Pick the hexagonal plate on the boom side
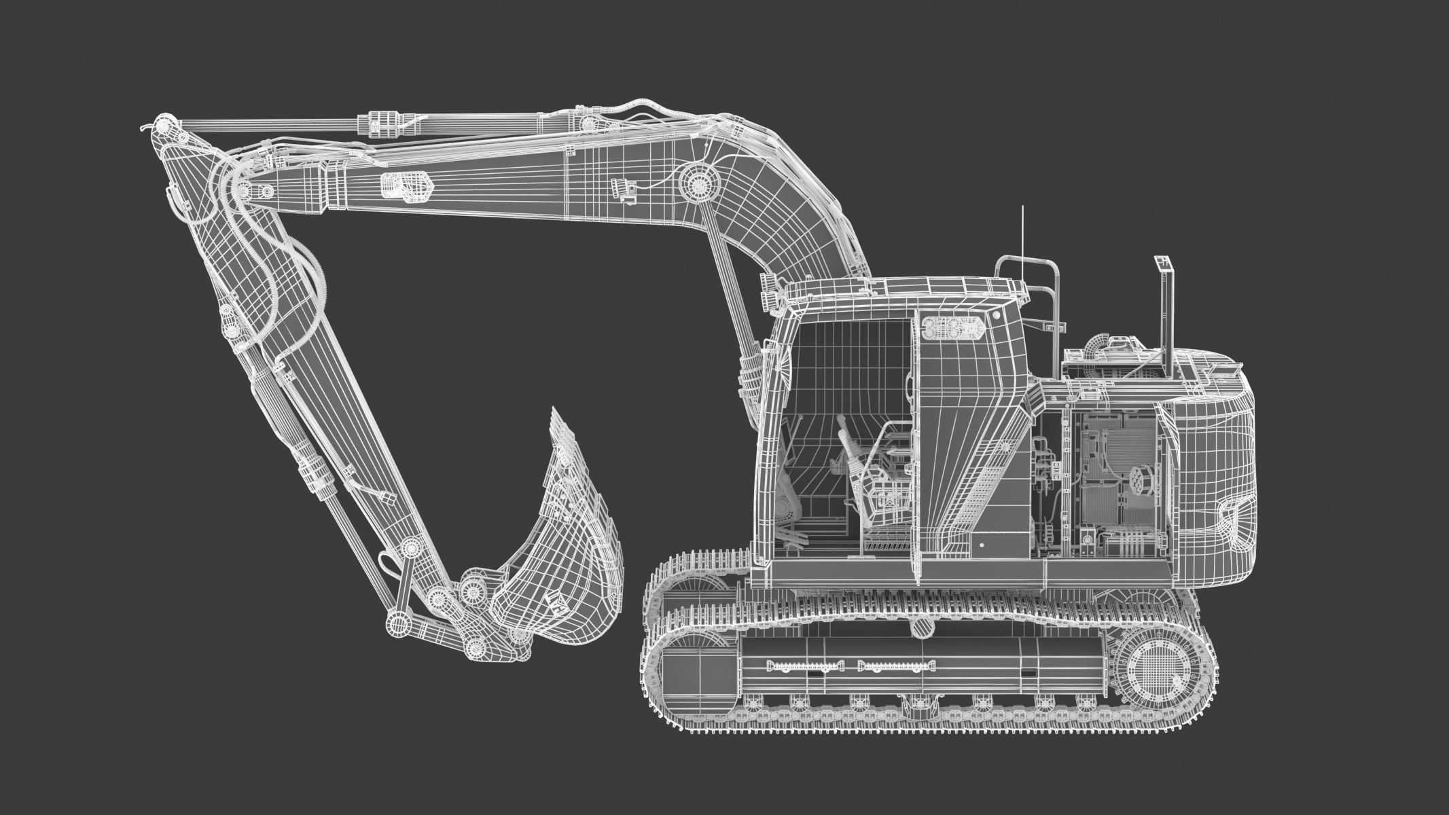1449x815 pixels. point(406,185)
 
